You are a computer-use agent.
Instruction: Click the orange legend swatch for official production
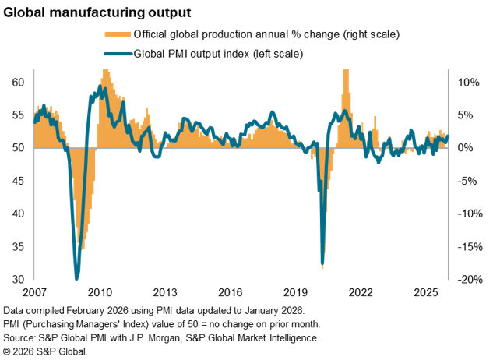117,35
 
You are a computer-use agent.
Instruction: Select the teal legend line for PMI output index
117,54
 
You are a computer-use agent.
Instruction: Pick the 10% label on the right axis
466,83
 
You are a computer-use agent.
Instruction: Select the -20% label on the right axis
468,280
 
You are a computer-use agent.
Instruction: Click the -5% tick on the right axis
466,181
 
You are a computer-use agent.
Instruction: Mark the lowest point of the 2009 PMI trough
76,278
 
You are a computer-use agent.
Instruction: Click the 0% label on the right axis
466,148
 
